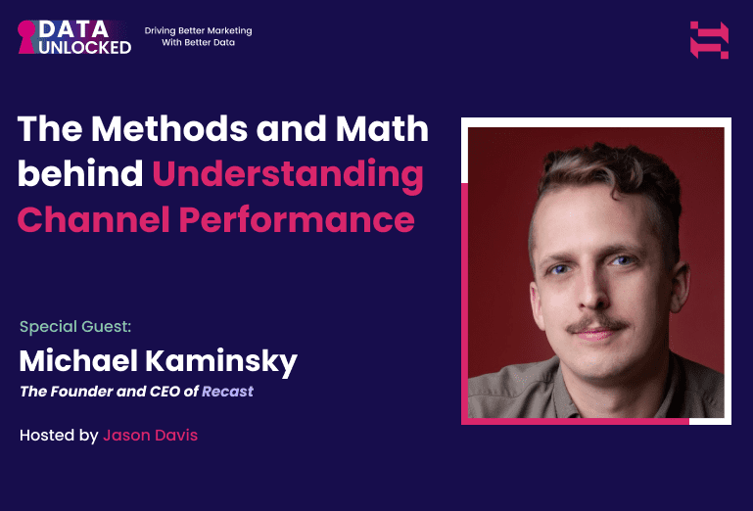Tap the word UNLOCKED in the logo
pos(85,47)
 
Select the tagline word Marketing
pos(227,31)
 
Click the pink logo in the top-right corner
pos(709,39)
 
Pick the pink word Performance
pos(296,220)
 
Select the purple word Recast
pos(227,392)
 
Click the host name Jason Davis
pos(150,435)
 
